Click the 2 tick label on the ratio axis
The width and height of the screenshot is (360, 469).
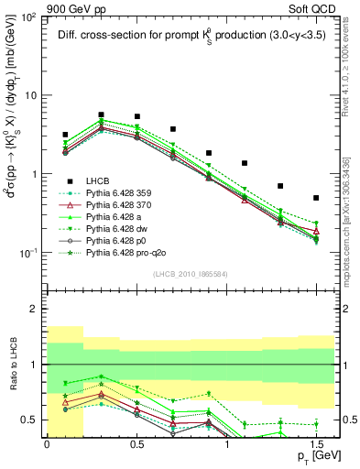pos(35,310)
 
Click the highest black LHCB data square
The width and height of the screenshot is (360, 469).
pos(101,115)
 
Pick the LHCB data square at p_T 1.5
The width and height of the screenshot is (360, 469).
pos(316,198)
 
